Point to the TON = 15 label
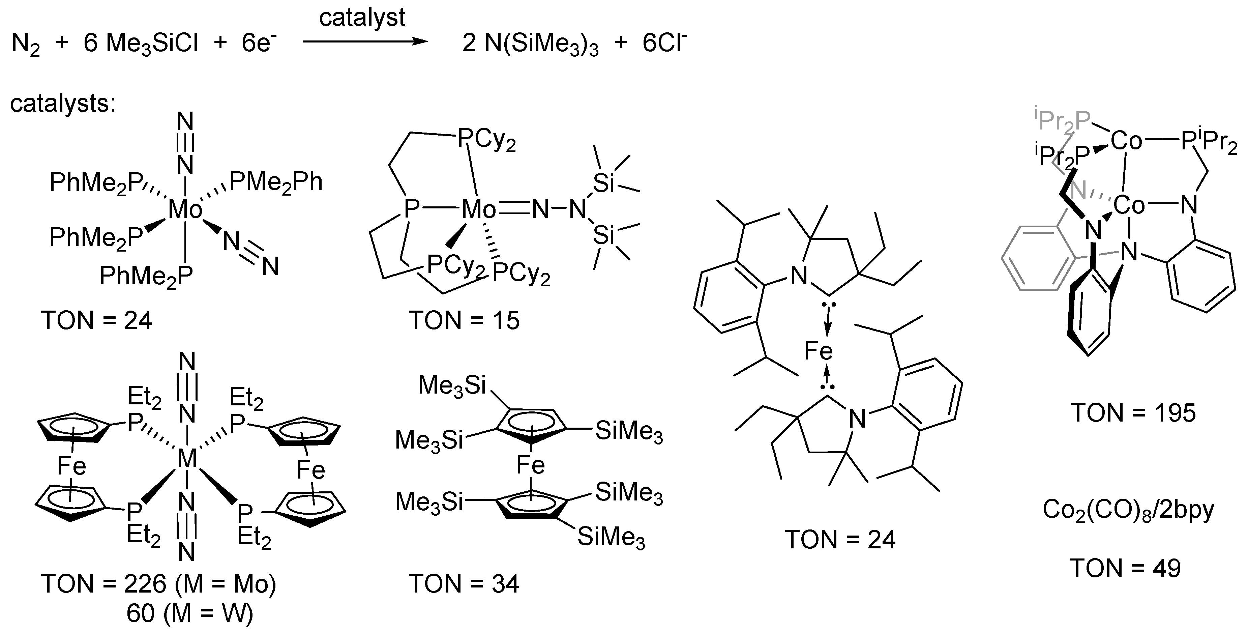tap(464, 320)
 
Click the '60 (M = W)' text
tap(190, 613)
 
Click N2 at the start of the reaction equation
tap(26, 45)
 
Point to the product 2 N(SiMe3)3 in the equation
tap(531, 45)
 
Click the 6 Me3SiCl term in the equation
tap(141, 45)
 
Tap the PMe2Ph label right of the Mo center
tap(276, 182)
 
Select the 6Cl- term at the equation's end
tap(664, 44)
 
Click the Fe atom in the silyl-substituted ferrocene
tap(531, 465)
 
